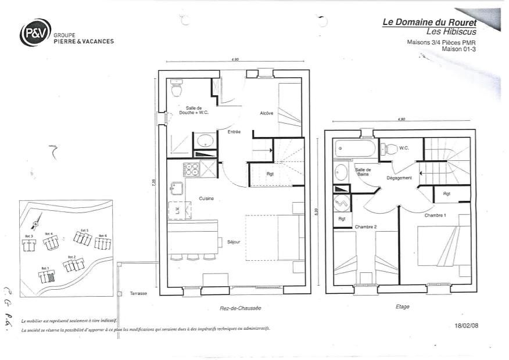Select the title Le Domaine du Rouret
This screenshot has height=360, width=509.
tap(429, 22)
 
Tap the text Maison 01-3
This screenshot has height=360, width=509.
tap(459, 49)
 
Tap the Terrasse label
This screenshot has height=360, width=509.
tap(138, 293)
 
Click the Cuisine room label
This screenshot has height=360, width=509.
tap(206, 199)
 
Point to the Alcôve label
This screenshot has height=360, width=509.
tap(267, 113)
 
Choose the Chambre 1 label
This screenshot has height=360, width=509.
tap(435, 215)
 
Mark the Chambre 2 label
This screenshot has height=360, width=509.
tap(366, 226)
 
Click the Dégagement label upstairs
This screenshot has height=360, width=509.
tap(399, 178)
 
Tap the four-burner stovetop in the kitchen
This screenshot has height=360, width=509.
tap(191, 170)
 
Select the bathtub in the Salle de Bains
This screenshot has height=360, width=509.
tap(355, 149)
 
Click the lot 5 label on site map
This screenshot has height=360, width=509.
tap(84, 231)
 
